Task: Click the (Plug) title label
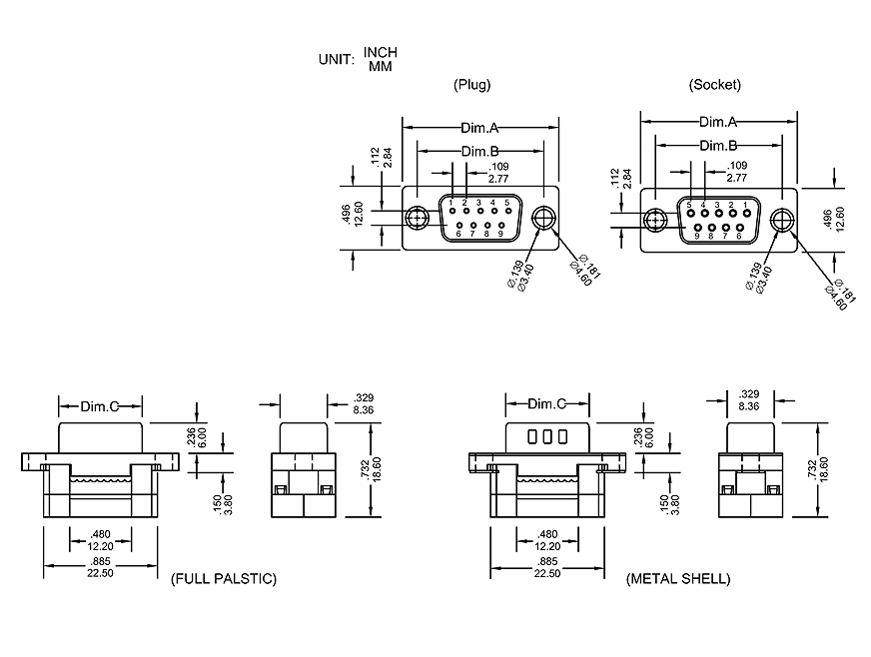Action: pyautogui.click(x=471, y=85)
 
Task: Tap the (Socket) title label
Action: pyautogui.click(x=715, y=85)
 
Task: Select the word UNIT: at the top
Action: pyautogui.click(x=337, y=59)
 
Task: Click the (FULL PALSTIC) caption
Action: pyautogui.click(x=223, y=579)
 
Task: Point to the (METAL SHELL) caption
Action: pyautogui.click(x=678, y=579)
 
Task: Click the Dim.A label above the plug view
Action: pyautogui.click(x=479, y=128)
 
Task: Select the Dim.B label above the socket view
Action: pyautogui.click(x=717, y=146)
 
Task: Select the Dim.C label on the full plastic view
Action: pyautogui.click(x=100, y=406)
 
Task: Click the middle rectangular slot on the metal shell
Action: pyautogui.click(x=547, y=436)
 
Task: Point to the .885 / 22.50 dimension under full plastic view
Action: pyautogui.click(x=100, y=567)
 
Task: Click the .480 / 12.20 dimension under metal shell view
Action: pyautogui.click(x=546, y=540)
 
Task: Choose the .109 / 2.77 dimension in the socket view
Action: pyautogui.click(x=736, y=171)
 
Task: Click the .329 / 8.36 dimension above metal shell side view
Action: pyautogui.click(x=747, y=400)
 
